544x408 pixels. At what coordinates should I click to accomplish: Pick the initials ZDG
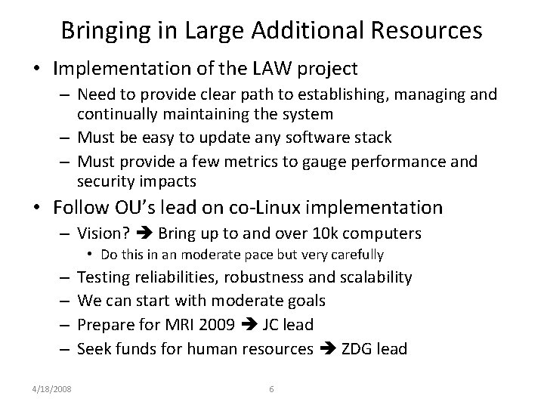click(354, 348)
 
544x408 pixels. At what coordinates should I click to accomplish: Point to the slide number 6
click(271, 389)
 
